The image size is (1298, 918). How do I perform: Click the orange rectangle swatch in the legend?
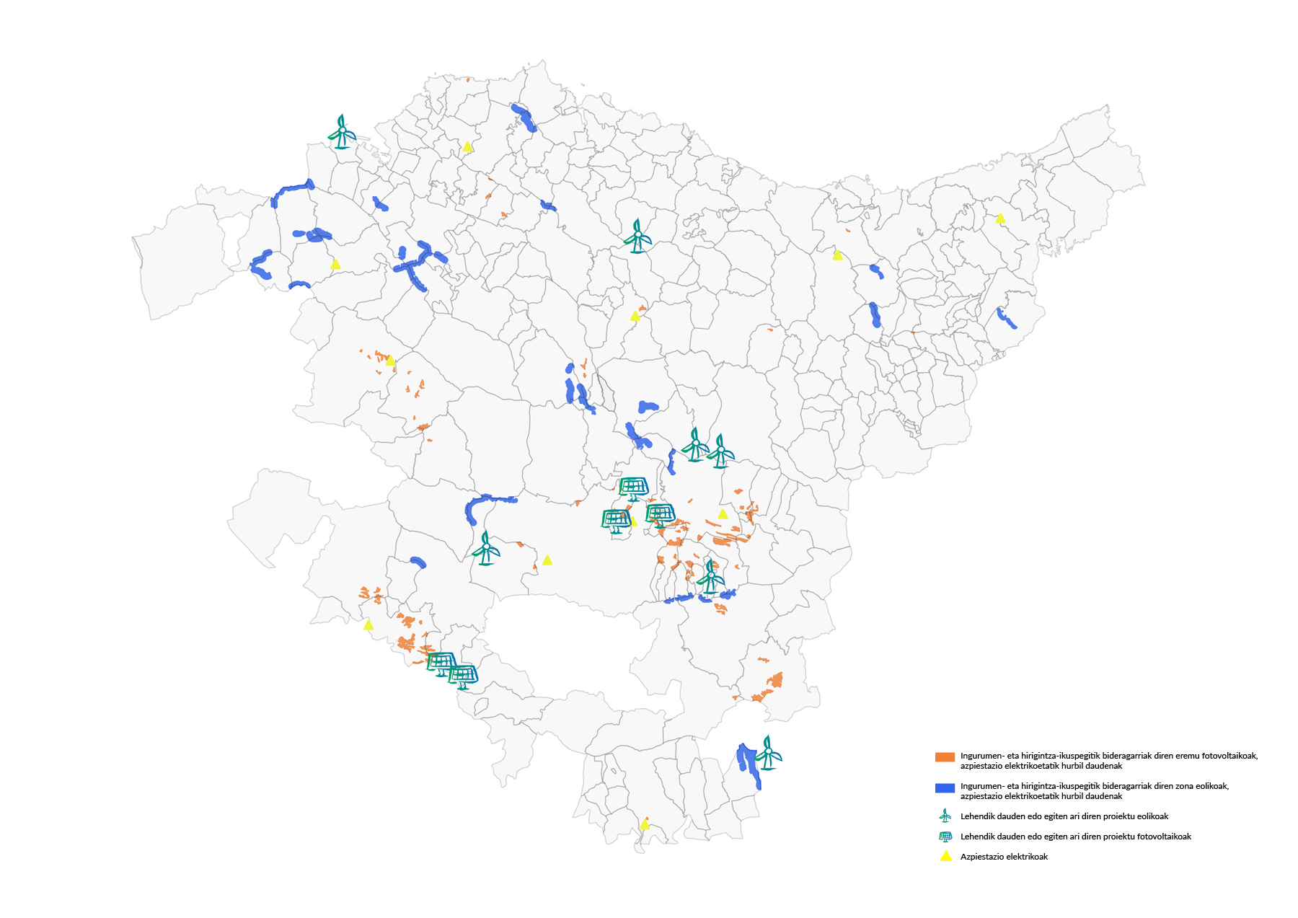pyautogui.click(x=945, y=757)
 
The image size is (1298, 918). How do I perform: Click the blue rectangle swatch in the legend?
pyautogui.click(x=945, y=788)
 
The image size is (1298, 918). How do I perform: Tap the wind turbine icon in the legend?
pyautogui.click(x=945, y=816)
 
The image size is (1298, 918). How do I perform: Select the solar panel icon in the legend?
pyautogui.click(x=945, y=837)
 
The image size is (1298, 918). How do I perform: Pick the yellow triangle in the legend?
pyautogui.click(x=945, y=856)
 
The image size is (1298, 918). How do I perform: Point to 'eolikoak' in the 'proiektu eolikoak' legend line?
pyautogui.click(x=1152, y=816)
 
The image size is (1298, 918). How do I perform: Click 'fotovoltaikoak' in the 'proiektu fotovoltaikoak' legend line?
pyautogui.click(x=1163, y=837)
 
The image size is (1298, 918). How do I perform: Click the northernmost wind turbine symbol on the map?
pyautogui.click(x=342, y=132)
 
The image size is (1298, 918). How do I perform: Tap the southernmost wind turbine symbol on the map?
pyautogui.click(x=769, y=753)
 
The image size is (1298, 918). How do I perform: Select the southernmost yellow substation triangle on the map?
pyautogui.click(x=645, y=824)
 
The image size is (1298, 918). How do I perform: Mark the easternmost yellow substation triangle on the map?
pyautogui.click(x=1000, y=218)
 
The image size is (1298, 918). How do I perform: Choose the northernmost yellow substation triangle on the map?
pyautogui.click(x=467, y=146)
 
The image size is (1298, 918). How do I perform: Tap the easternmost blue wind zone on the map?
pyautogui.click(x=1007, y=318)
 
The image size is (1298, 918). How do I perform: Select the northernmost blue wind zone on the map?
pyautogui.click(x=524, y=118)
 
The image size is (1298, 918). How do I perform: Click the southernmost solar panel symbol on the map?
pyautogui.click(x=463, y=677)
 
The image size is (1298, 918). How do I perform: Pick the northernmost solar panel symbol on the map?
pyautogui.click(x=633, y=488)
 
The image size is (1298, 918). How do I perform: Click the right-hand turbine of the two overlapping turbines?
pyautogui.click(x=720, y=451)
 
